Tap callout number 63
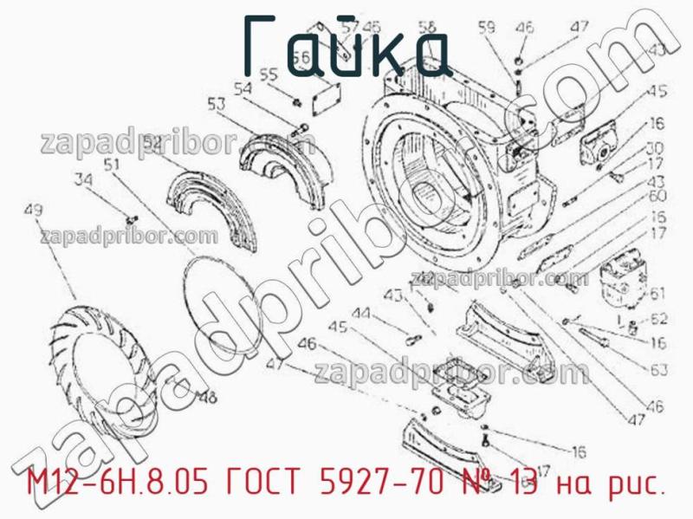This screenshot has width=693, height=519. point(658,370)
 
